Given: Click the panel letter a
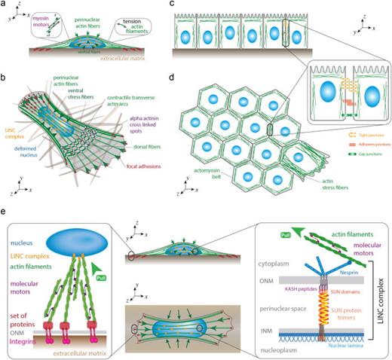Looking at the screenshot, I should [5, 5].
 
